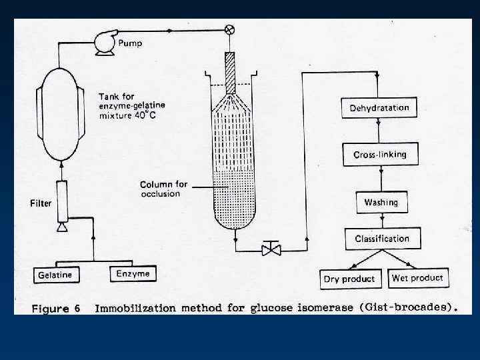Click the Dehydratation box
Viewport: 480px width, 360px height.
(379, 107)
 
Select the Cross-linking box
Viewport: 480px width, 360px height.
(379, 155)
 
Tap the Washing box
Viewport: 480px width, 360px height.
(381, 202)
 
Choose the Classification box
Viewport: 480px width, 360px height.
(382, 238)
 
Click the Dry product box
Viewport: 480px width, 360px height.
(349, 279)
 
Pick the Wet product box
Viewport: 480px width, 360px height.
(417, 277)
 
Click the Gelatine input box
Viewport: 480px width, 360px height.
(55, 274)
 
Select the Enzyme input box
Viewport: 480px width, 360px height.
(133, 273)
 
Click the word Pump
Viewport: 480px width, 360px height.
(131, 44)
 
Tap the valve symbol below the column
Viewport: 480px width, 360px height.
(271, 250)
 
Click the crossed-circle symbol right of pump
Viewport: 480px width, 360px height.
(231, 29)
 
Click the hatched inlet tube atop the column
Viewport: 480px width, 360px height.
(231, 71)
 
